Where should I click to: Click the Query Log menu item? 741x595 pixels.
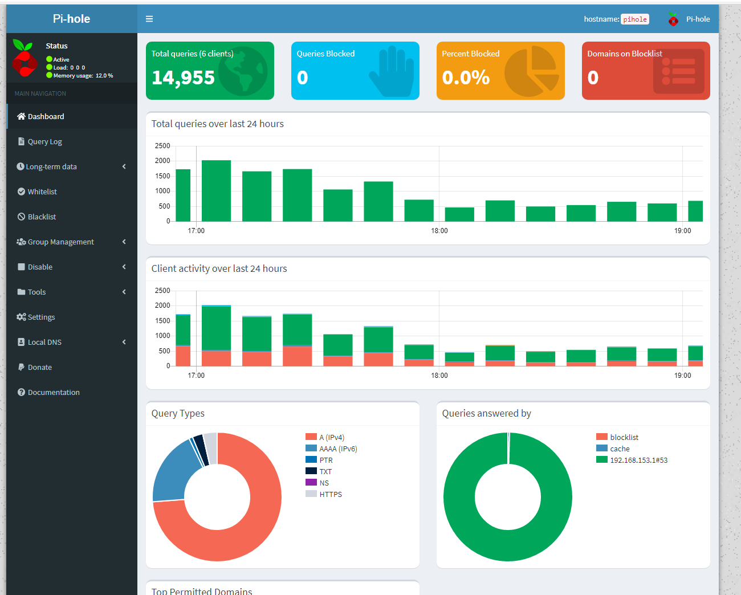[x=44, y=142]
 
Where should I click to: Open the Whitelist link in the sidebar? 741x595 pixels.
[x=42, y=192]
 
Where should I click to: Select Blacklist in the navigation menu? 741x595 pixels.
[x=42, y=217]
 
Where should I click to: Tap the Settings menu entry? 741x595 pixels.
[x=41, y=317]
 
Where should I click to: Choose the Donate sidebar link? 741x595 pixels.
[x=39, y=368]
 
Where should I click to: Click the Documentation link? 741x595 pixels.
[x=54, y=393]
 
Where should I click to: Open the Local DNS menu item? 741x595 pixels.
[x=44, y=343]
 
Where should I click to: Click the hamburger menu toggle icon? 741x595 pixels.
[x=149, y=19]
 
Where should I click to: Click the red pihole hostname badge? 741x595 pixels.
[x=634, y=19]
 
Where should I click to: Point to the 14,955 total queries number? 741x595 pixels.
[x=183, y=78]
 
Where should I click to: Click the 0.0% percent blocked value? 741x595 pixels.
[x=466, y=78]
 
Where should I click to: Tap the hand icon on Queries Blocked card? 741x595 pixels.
[x=392, y=71]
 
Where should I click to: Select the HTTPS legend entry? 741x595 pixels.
[x=330, y=495]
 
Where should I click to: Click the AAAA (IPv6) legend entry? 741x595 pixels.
[x=337, y=449]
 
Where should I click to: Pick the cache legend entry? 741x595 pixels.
[x=619, y=449]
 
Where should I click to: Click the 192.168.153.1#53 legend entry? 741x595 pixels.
[x=638, y=460]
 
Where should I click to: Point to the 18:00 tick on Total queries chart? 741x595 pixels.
[x=439, y=231]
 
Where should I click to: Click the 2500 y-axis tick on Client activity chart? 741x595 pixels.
[x=162, y=291]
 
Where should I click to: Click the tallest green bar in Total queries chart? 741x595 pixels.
[x=216, y=191]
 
